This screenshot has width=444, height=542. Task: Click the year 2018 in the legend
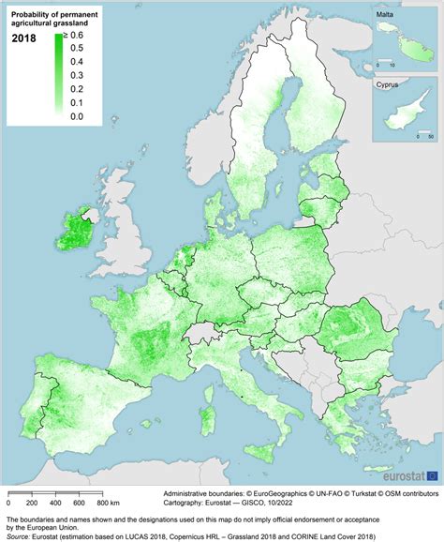24,38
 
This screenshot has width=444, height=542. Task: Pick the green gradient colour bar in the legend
59,75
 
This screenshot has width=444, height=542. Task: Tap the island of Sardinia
210,404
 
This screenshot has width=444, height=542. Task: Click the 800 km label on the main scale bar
107,504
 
